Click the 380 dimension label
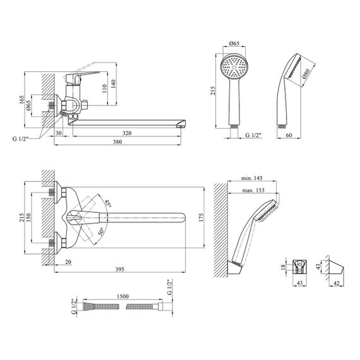coord(117,142)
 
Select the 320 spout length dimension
coord(127,133)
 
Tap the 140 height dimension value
coord(113,84)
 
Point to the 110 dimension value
coord(104,88)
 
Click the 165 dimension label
coord(21,100)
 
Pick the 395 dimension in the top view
coord(119,269)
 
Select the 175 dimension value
coord(201,217)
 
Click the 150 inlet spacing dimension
coord(28,218)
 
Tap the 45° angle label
coord(107,203)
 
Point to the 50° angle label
coord(101,231)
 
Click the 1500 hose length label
coord(123,296)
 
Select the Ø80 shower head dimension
coord(306,73)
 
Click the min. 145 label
coord(251,178)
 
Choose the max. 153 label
coord(253,190)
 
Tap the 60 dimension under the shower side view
coord(289,135)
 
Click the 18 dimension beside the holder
coord(284,267)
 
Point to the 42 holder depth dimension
coord(336,284)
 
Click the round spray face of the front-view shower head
coord(234,67)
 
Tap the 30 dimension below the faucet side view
coord(59,133)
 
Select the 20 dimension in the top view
coord(68,261)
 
